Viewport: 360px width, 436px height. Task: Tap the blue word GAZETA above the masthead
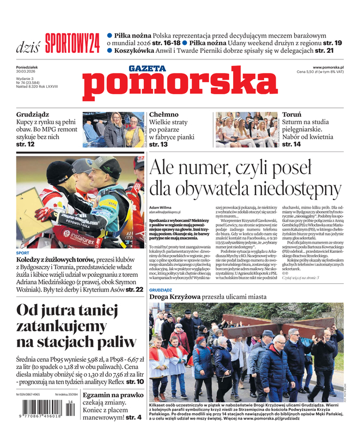point(147,68)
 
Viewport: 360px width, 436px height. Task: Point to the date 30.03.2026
point(27,72)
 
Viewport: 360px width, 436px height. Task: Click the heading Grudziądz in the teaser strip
point(33,115)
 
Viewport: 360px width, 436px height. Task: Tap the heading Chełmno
point(163,114)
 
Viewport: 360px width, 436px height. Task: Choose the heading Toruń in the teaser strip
point(291,115)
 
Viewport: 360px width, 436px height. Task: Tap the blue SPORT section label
point(23,253)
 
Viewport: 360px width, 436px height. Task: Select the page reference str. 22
point(135,289)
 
